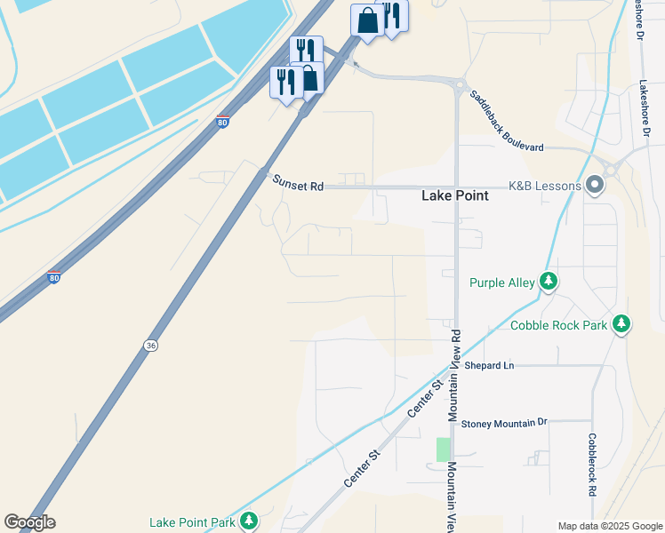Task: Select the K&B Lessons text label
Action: [x=544, y=187]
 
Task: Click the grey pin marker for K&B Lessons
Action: [x=595, y=186]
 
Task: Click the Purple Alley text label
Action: [x=501, y=283]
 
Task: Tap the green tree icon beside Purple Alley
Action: [x=549, y=282]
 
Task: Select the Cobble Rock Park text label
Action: [x=558, y=325]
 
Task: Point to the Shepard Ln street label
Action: [x=490, y=365]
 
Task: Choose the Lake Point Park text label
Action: [x=193, y=522]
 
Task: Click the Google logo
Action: [x=29, y=522]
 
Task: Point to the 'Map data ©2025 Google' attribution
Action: [x=610, y=526]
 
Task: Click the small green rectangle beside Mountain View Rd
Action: [x=443, y=449]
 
